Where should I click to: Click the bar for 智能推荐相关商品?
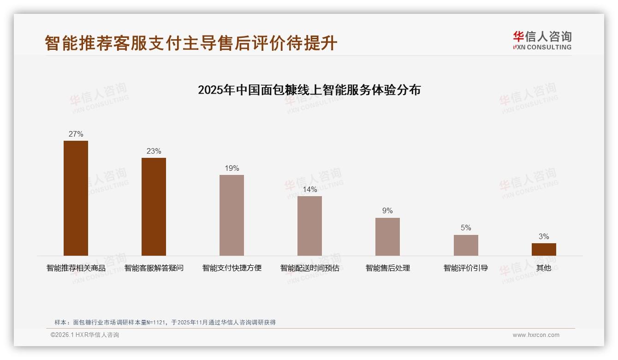coord(76,198)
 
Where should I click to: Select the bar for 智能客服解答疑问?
coord(154,207)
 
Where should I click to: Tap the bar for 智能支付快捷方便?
coord(232,215)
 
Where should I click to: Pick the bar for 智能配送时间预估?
coord(309,226)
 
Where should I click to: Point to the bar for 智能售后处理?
coord(387,236)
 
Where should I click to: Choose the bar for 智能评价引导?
coord(466,245)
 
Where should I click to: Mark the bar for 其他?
coord(544,249)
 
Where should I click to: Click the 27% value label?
coord(76,134)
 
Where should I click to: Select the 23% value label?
coord(154,151)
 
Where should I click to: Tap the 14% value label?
coord(309,190)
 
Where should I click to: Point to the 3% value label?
coord(544,237)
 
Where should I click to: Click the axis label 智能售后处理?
coord(387,268)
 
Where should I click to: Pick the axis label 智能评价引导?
coord(466,268)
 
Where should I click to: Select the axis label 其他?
coord(544,268)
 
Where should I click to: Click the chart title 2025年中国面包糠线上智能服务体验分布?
coord(309,90)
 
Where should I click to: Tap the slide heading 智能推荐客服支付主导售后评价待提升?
coord(191,43)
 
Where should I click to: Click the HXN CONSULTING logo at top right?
coord(542,41)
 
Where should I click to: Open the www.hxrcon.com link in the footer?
coord(536,335)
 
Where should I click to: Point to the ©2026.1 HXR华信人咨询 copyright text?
coord(85,335)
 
